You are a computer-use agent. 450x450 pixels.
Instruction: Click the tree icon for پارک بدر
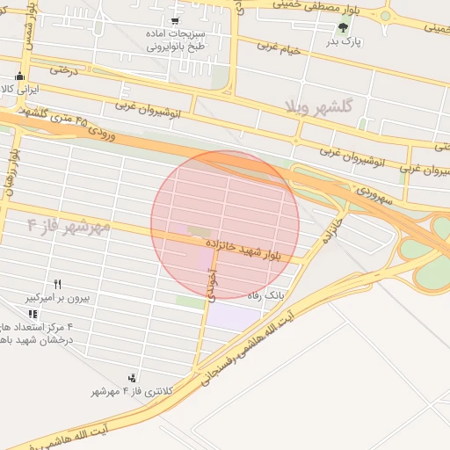point(344,26)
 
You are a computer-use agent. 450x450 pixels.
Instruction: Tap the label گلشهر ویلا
point(318,107)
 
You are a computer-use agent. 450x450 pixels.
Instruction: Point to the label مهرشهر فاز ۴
point(68,227)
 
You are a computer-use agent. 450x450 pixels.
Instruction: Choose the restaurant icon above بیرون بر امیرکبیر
point(58,284)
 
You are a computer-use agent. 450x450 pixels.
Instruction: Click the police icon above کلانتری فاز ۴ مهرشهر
point(133,378)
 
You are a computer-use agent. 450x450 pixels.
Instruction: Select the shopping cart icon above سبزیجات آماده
point(175,20)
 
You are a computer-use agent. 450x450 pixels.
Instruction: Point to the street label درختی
point(64,68)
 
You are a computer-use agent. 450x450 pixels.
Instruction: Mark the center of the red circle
point(225,225)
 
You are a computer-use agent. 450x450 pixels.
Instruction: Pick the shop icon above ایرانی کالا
point(20,76)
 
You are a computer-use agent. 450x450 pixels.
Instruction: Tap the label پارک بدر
point(345,40)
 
